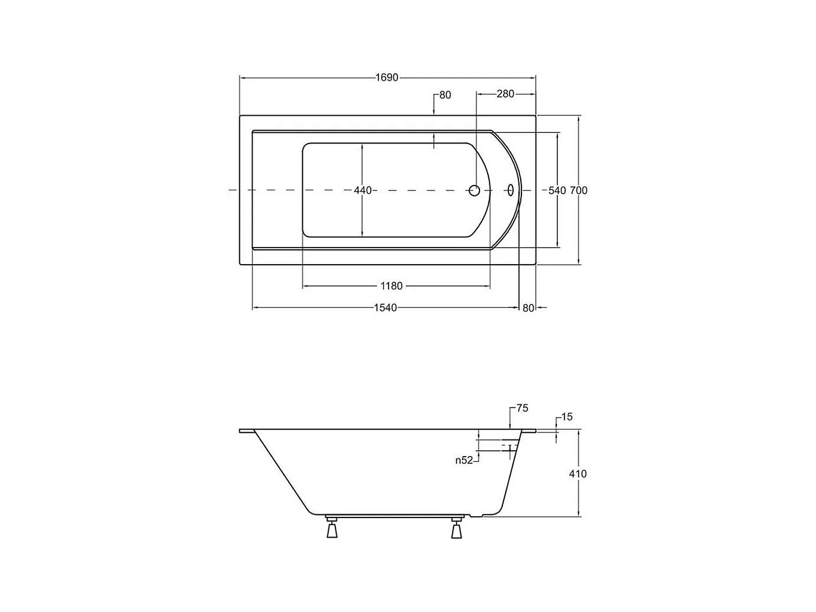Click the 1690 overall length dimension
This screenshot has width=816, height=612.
pyautogui.click(x=387, y=77)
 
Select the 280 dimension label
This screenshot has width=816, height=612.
pyautogui.click(x=505, y=94)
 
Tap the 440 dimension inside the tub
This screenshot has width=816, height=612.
pyautogui.click(x=363, y=190)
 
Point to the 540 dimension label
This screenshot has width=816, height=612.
pyautogui.click(x=557, y=190)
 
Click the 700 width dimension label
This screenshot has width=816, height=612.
pyautogui.click(x=579, y=190)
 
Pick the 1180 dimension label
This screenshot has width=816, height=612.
pyautogui.click(x=391, y=286)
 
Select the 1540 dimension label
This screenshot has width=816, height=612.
pyautogui.click(x=385, y=308)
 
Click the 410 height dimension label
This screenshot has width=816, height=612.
pyautogui.click(x=577, y=474)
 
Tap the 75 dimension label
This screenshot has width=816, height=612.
pyautogui.click(x=523, y=408)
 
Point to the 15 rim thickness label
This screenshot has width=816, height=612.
pyautogui.click(x=567, y=417)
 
